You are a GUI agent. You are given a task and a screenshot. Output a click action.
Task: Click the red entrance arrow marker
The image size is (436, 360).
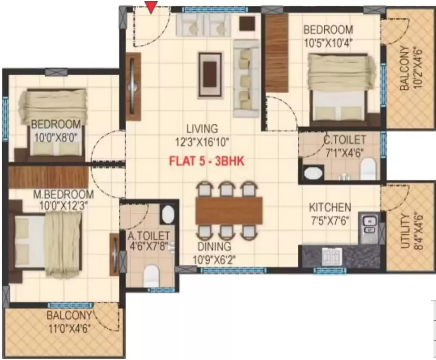pyautogui.click(x=152, y=7)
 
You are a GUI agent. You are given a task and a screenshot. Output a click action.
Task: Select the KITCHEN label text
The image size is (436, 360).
pyautogui.click(x=330, y=206)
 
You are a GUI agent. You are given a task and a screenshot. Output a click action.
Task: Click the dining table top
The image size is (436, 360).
pyautogui.click(x=229, y=210)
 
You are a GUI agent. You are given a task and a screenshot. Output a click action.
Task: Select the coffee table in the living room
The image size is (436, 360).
pyautogui.click(x=212, y=74)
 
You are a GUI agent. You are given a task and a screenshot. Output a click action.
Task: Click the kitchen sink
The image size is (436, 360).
pyautogui.click(x=368, y=227)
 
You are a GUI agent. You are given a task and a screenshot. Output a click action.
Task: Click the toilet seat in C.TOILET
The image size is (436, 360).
pyautogui.click(x=367, y=170)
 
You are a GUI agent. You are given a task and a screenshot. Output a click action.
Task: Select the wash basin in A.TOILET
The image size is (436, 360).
pyautogui.click(x=167, y=214)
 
